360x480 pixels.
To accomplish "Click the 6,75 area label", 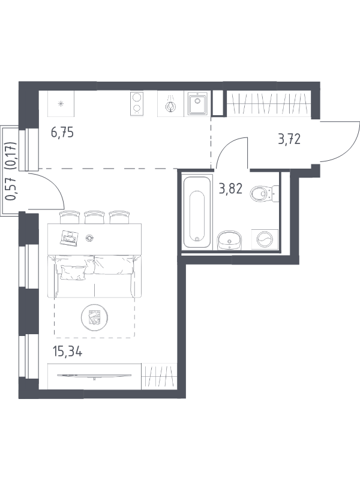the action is (x=62, y=133).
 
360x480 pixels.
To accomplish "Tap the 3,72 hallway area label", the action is (x=289, y=139).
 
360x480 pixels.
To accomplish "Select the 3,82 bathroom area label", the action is (x=230, y=189).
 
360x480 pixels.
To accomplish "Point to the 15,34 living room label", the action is (x=67, y=352).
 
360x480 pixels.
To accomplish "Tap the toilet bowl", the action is (x=264, y=194).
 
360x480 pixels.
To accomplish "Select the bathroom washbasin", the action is (x=229, y=241).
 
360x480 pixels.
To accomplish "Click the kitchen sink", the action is (x=197, y=104).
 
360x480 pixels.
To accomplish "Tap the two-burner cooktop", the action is (x=137, y=104).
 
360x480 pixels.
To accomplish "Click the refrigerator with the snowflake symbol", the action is (x=61, y=104).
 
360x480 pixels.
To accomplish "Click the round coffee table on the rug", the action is (x=95, y=317).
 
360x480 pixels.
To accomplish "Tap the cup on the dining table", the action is (x=89, y=238).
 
